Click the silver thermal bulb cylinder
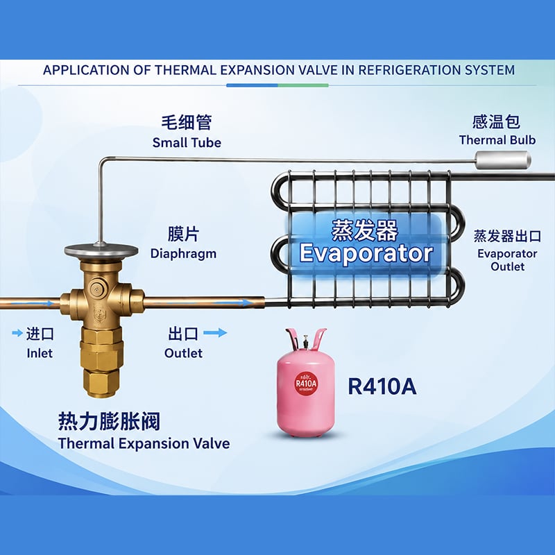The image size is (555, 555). pos(502,160)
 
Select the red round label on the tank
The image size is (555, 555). pos(306,384)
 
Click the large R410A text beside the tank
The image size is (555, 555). pos(382,386)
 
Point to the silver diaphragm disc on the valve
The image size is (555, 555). pos(101,251)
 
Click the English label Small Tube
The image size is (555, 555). pos(187,143)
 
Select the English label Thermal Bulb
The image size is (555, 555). pos(497,140)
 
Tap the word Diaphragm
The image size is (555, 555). pos(183,254)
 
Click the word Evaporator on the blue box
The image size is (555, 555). pos(366,253)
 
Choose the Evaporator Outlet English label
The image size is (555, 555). pos(507,259)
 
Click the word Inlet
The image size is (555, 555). pos(40,353)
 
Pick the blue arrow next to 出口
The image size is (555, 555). pos(215,333)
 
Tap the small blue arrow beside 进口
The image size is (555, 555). pos(17,333)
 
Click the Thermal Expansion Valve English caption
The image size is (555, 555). pos(144,443)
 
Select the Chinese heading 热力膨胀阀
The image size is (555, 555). pos(109,421)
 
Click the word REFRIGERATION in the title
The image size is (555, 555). pos(409,70)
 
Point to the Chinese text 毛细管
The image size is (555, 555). pos(187,123)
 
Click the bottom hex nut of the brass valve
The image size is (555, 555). pos(101,382)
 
